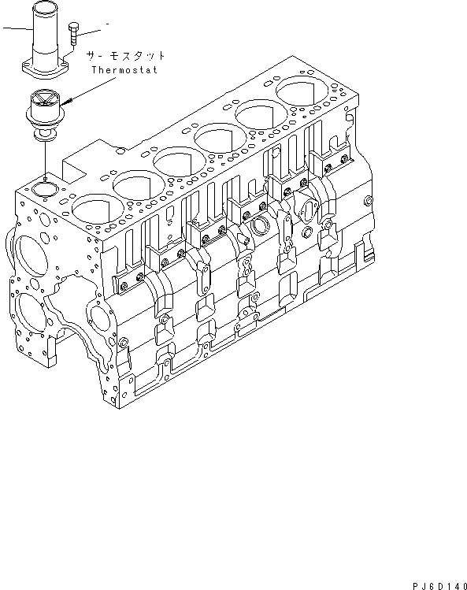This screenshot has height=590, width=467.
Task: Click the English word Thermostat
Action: (124, 69)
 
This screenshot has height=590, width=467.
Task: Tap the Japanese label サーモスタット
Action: (127, 56)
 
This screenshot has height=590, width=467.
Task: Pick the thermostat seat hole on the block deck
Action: (41, 188)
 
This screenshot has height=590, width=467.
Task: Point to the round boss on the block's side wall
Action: (259, 226)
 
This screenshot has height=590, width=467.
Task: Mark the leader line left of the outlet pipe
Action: (14, 29)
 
